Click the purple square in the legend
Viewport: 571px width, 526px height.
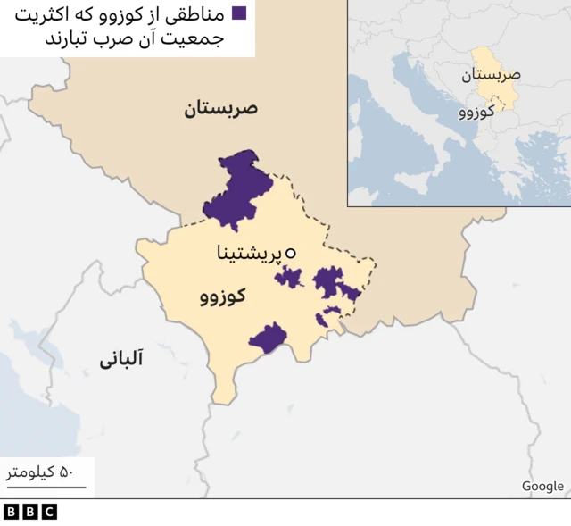coord(239,13)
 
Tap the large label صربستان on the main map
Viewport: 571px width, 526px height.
coord(220,110)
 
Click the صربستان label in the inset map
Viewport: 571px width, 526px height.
coord(491,76)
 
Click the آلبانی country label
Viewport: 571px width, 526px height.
coord(120,360)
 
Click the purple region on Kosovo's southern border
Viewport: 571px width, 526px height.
coord(268,338)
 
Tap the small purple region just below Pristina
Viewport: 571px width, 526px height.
coord(288,277)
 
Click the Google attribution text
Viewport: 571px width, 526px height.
coord(542,486)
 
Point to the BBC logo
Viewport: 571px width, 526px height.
coord(29,512)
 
